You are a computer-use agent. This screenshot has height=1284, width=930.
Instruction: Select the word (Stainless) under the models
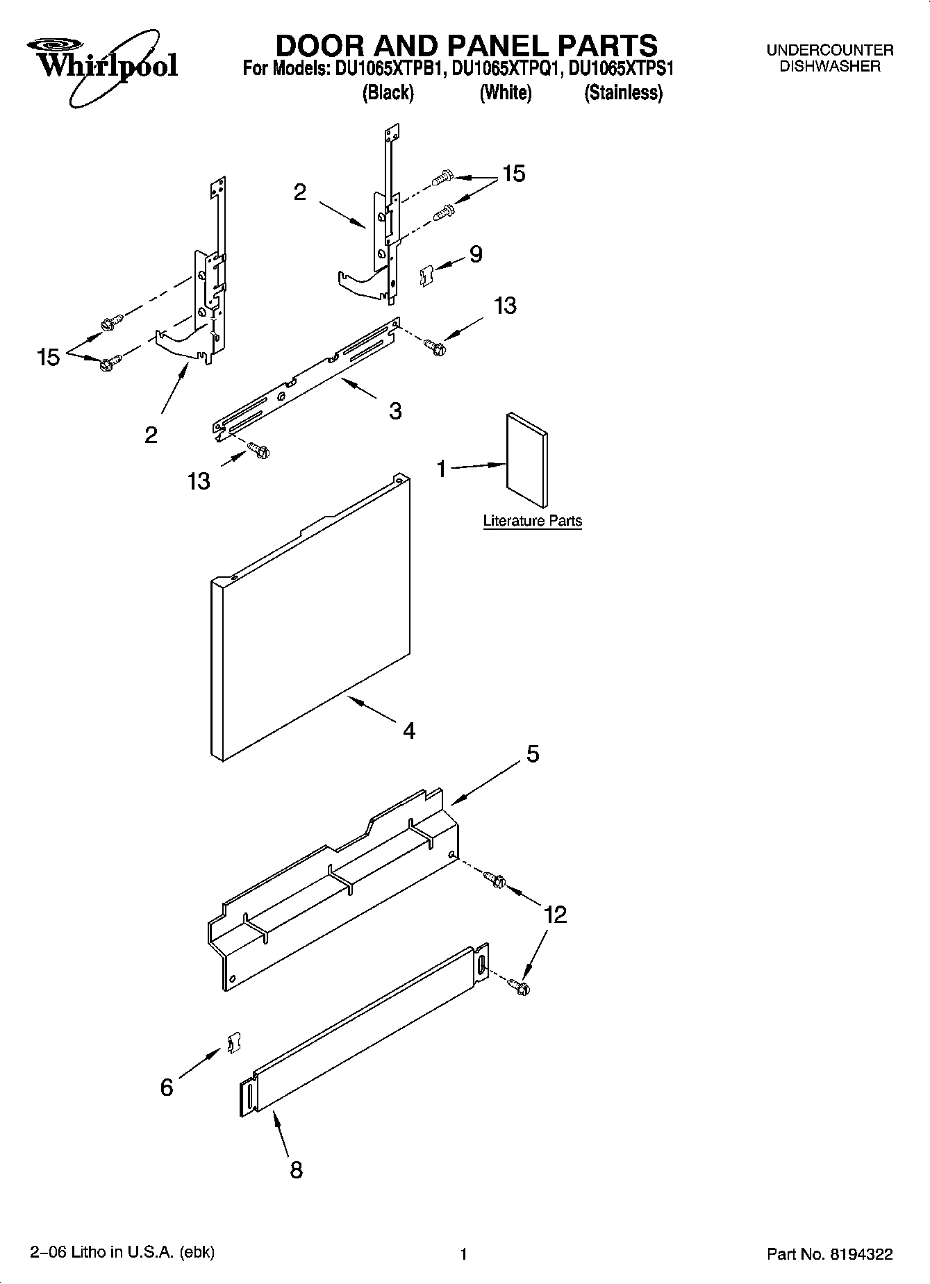(x=623, y=92)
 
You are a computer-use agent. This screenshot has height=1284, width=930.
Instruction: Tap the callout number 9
(x=476, y=254)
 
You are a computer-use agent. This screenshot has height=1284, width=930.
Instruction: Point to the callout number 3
(x=395, y=411)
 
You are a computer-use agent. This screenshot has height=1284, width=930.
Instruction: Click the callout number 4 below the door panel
(x=409, y=731)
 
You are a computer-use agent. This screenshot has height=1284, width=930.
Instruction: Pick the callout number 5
(x=533, y=753)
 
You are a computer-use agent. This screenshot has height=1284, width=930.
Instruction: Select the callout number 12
(x=555, y=915)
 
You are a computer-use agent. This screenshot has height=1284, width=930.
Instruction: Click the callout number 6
(x=167, y=1087)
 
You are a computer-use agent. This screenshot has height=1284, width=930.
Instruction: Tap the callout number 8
(x=296, y=1170)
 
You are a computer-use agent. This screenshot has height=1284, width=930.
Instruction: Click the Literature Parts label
(x=532, y=521)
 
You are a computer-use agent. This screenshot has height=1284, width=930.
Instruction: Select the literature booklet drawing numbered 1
(x=526, y=460)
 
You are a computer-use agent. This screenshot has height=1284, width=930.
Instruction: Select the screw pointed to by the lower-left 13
(x=259, y=451)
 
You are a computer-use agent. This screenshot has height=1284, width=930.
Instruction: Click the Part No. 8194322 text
(x=829, y=1254)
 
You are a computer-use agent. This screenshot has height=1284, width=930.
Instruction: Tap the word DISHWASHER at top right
(x=829, y=67)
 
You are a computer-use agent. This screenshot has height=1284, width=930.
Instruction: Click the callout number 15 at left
(x=49, y=358)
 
